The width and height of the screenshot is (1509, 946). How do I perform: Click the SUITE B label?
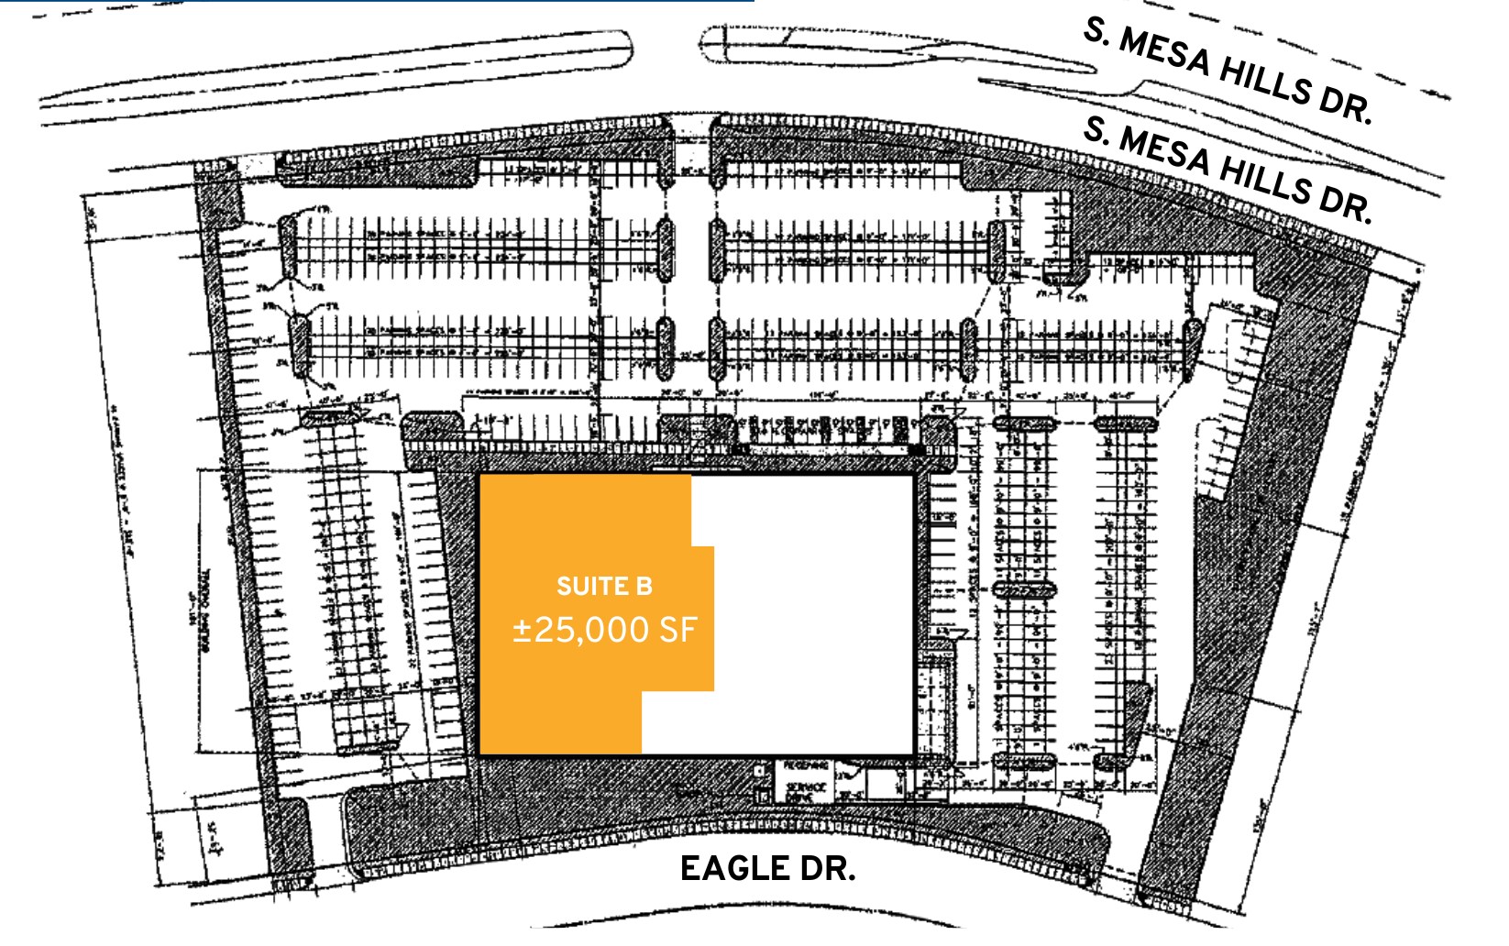604,586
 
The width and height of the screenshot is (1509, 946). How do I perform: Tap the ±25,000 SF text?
604,630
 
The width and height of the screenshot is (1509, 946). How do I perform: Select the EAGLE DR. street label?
767,868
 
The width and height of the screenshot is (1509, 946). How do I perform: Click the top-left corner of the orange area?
481,477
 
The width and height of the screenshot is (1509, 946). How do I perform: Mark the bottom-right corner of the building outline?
913,753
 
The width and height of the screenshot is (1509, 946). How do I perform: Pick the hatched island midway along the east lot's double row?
1023,589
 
